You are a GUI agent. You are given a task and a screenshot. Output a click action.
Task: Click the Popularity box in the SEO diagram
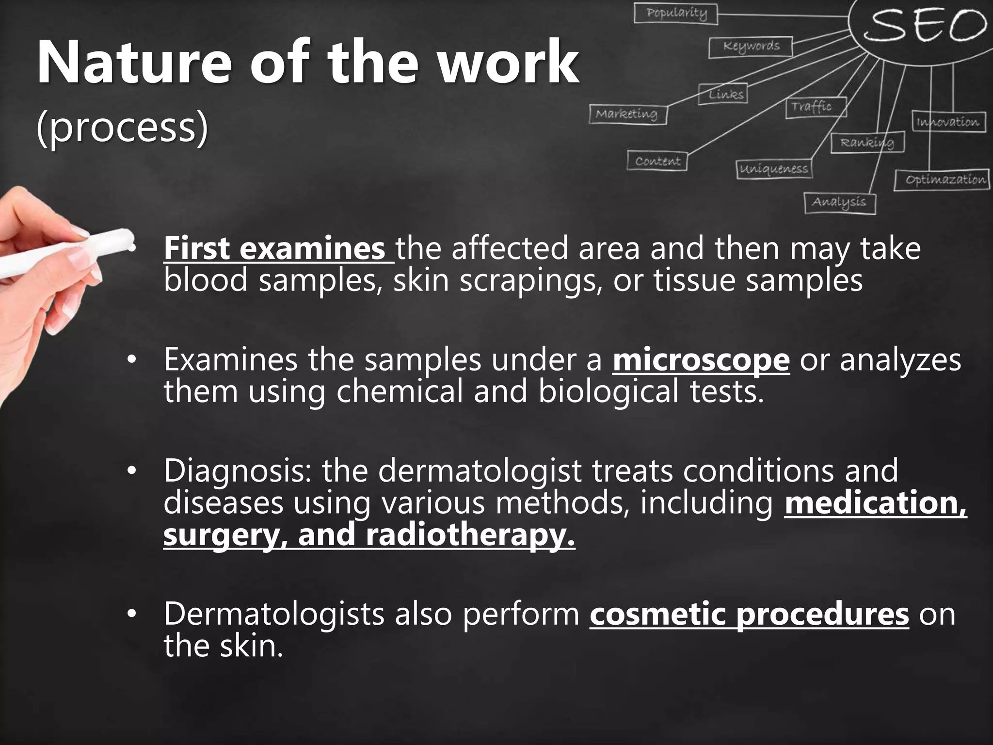coord(676,13)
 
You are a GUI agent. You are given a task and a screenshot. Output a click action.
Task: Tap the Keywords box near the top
coord(751,47)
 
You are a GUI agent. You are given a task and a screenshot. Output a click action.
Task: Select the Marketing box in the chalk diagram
coord(628,114)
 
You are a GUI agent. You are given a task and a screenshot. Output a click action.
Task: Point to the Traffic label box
coord(816,107)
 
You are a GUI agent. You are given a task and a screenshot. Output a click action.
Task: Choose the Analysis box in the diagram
coord(839,203)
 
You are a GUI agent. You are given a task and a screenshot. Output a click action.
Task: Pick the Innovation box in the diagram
coord(947,122)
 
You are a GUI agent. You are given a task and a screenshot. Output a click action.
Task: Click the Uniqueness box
coord(773,169)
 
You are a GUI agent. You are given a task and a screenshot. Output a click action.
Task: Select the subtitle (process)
coord(122,129)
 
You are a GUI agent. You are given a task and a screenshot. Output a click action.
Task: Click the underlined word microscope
coord(701,360)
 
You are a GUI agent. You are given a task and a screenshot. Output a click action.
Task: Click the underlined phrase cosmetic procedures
coord(749,614)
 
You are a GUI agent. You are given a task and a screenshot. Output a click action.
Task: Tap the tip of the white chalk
coord(127,238)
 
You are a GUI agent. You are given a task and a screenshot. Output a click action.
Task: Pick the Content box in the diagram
coord(657,161)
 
